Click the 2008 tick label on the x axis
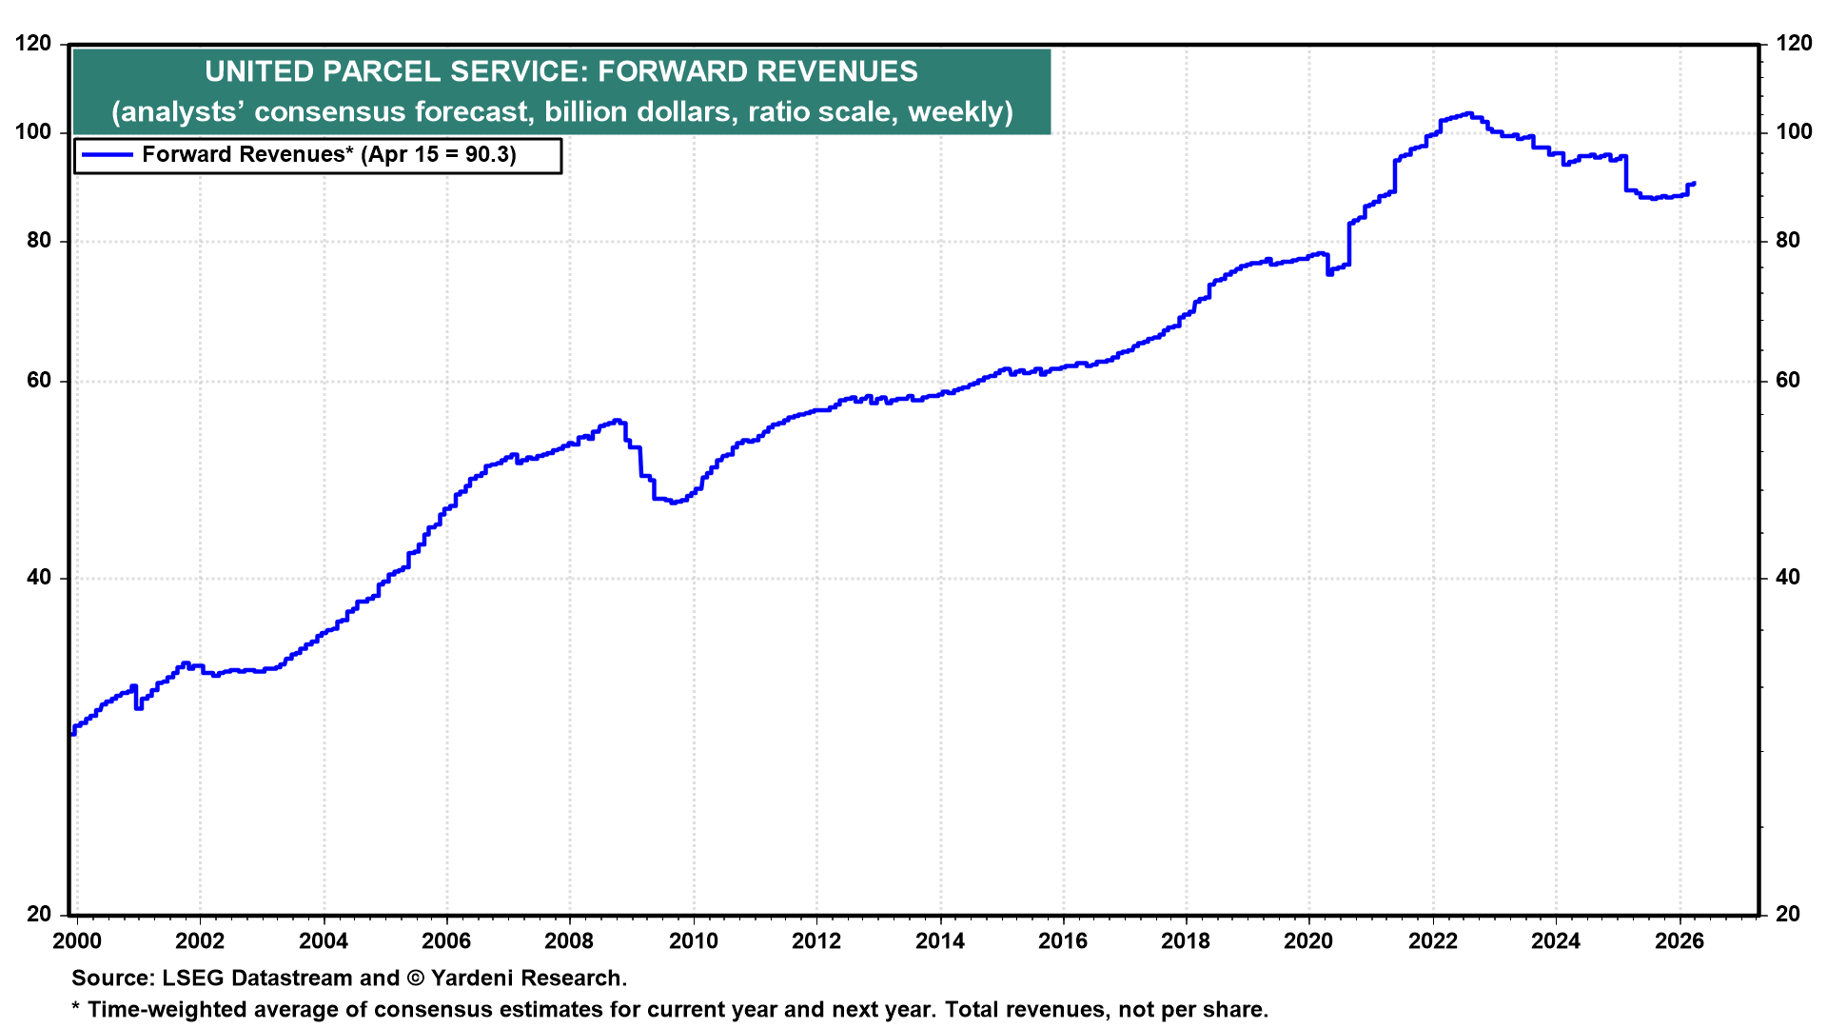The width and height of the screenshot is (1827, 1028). click(x=569, y=941)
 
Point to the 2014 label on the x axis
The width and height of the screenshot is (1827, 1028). click(x=939, y=941)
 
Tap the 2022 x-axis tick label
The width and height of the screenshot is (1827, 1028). click(x=1432, y=941)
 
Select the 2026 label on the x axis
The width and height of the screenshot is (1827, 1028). click(x=1679, y=941)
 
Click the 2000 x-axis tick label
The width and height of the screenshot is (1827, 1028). click(x=76, y=941)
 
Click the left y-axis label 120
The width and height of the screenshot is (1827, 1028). click(x=34, y=44)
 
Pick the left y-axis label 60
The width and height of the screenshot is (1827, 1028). click(x=39, y=381)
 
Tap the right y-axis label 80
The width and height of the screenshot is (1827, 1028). click(x=1788, y=241)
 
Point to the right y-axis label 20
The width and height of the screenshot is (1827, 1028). click(x=1788, y=914)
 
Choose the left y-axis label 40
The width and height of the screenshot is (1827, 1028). click(x=39, y=578)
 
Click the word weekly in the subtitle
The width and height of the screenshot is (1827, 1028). click(x=959, y=112)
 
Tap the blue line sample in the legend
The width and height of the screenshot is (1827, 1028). click(x=108, y=155)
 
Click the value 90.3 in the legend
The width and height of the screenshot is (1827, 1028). click(x=486, y=155)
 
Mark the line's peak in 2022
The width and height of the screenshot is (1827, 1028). click(x=1468, y=113)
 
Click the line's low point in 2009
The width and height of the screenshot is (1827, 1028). click(x=673, y=502)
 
